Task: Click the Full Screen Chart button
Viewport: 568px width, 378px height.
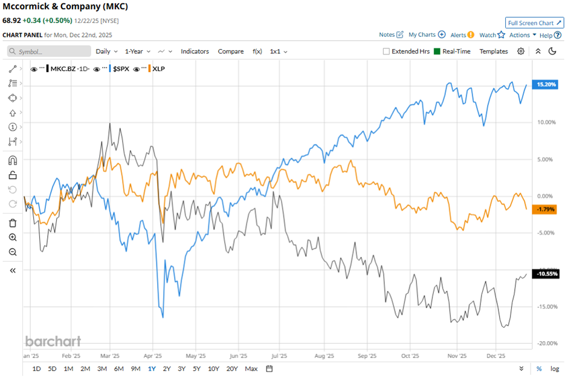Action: pos(534,23)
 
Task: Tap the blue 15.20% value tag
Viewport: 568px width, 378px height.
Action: pos(544,85)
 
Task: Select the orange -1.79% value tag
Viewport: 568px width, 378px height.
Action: pos(544,209)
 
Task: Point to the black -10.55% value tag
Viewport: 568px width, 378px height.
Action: pos(544,273)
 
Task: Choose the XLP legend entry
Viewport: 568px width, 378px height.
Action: pos(158,69)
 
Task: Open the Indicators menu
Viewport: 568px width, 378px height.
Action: pos(195,51)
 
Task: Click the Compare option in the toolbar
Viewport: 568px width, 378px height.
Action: pos(230,51)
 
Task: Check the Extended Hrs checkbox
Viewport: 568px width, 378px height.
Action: pos(386,51)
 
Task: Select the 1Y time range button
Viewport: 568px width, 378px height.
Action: pos(151,369)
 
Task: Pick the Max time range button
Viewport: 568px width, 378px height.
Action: pos(251,369)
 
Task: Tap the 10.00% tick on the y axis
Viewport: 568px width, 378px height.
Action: pos(546,122)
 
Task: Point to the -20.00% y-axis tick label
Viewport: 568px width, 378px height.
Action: pos(546,344)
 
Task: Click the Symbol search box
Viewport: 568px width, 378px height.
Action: pos(50,51)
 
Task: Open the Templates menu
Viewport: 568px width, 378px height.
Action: pos(494,51)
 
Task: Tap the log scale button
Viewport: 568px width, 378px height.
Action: pos(554,369)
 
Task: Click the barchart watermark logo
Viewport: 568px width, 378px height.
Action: pos(53,341)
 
